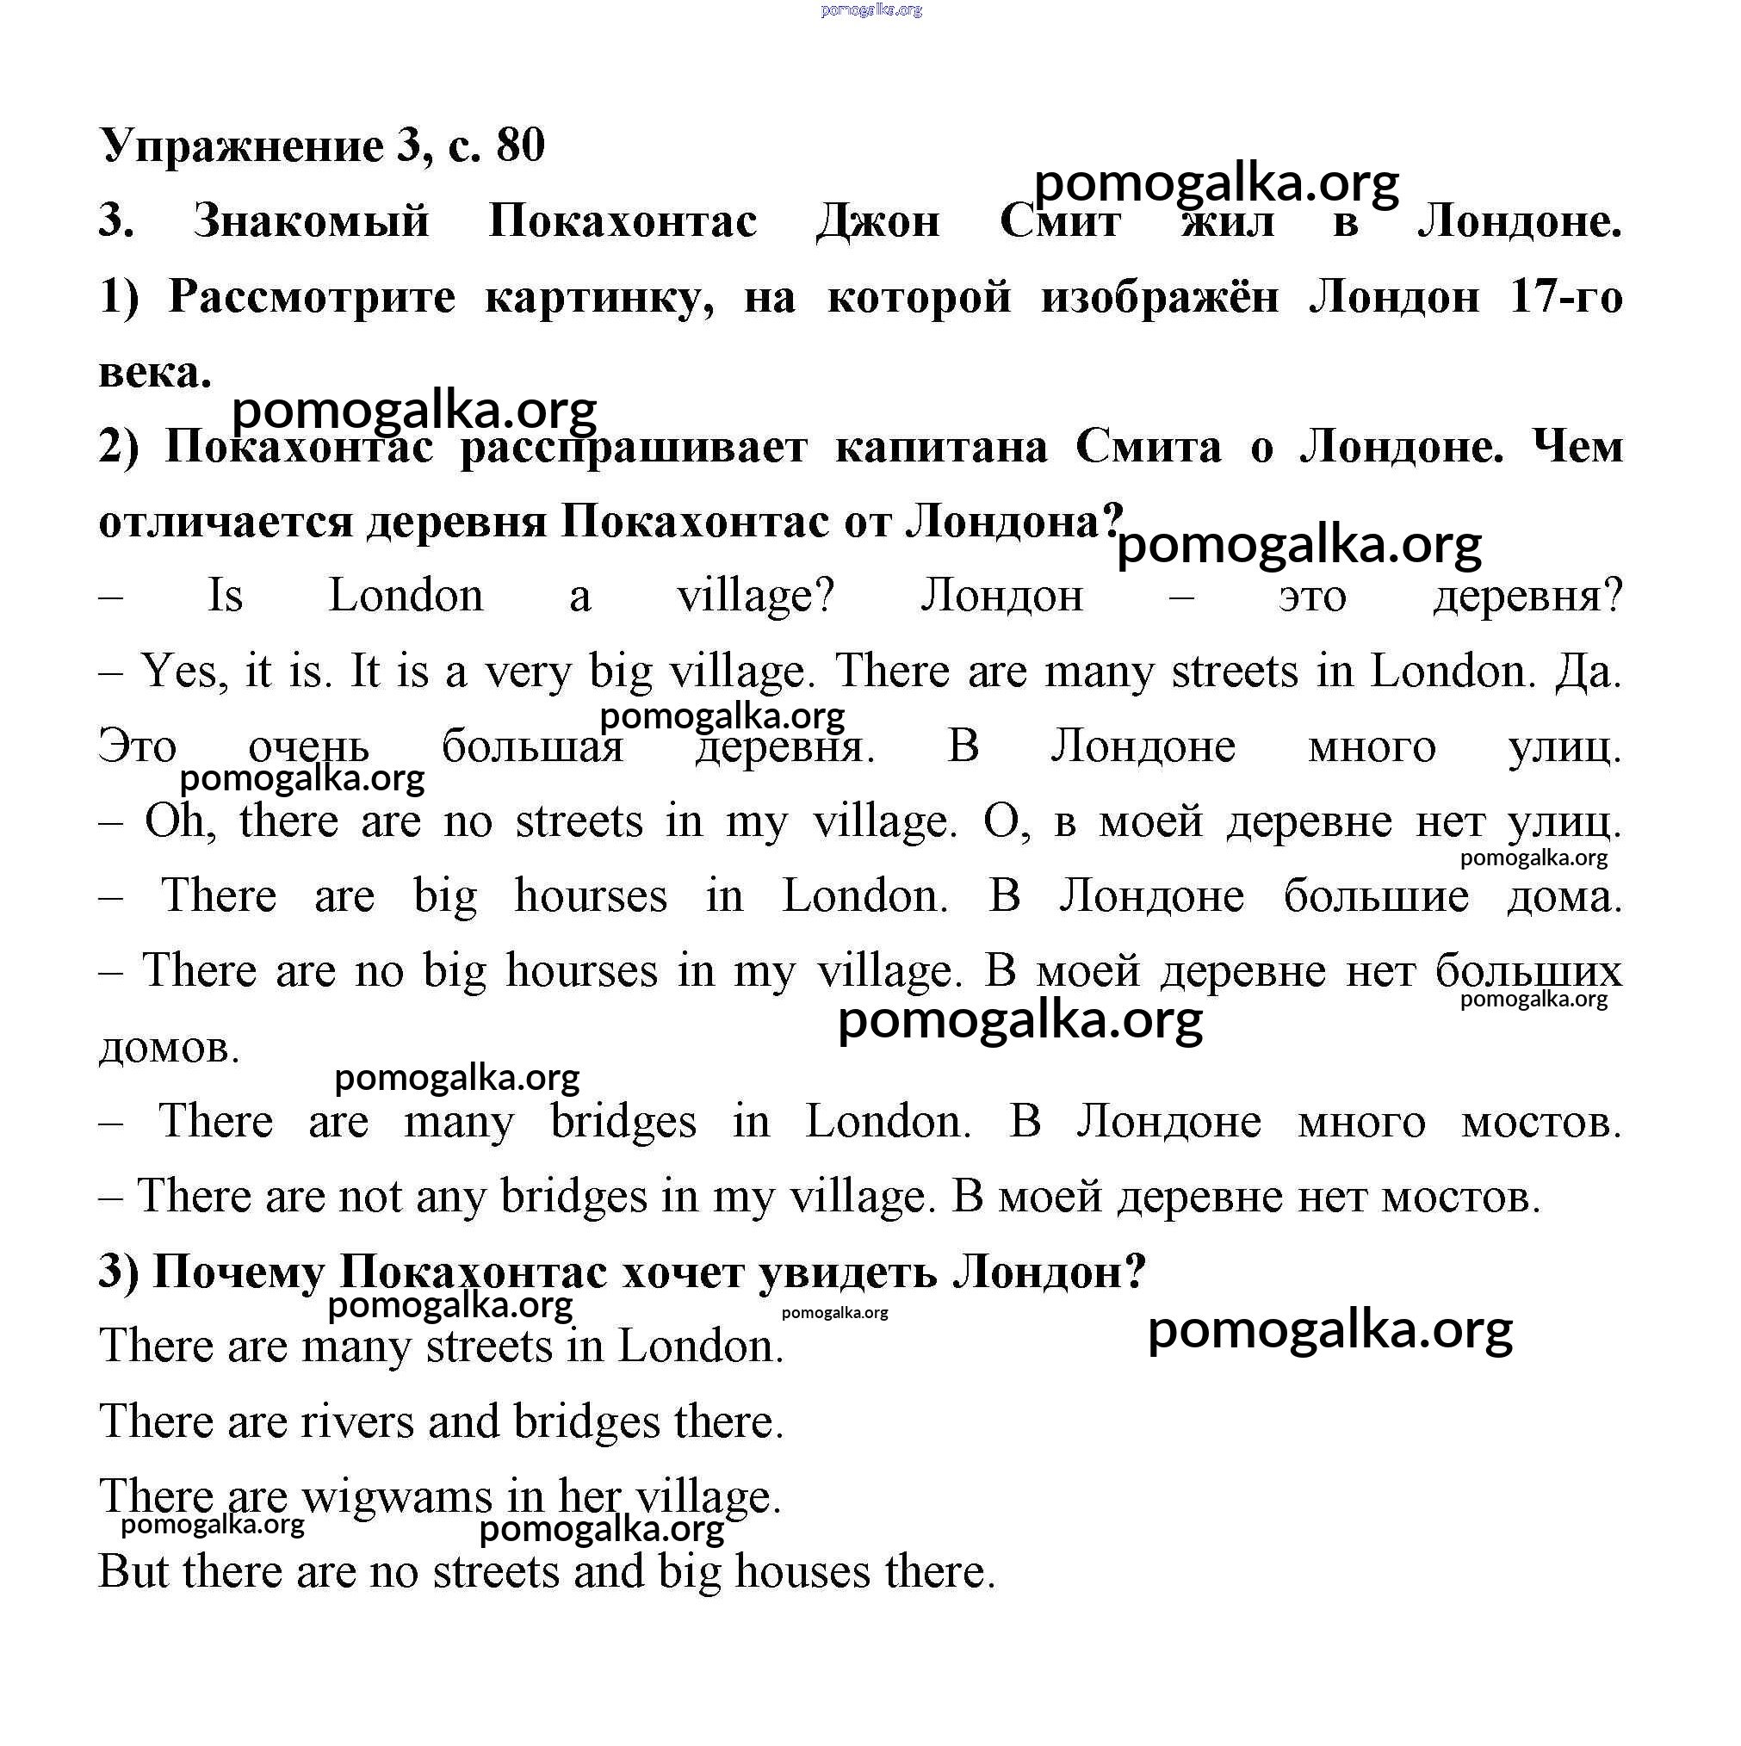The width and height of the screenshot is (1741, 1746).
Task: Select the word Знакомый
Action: click(x=311, y=221)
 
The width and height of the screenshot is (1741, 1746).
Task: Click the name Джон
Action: click(x=877, y=221)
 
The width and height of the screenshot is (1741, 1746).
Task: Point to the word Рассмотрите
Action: click(x=312, y=297)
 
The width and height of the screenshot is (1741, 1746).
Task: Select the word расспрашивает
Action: click(x=633, y=448)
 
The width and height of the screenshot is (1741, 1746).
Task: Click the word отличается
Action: click(x=225, y=523)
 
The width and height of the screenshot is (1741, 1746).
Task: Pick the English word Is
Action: click(x=225, y=597)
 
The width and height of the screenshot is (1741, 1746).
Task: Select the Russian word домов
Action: click(x=169, y=1049)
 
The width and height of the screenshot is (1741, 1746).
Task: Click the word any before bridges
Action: click(x=452, y=1198)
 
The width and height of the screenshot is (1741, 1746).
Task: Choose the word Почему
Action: click(x=239, y=1272)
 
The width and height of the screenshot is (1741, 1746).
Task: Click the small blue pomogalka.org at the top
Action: click(x=871, y=10)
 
